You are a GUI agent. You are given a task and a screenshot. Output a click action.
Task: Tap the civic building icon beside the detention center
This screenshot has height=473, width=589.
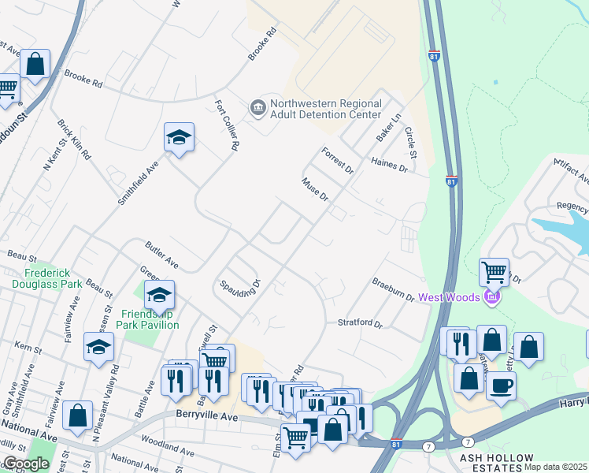pos(257,108)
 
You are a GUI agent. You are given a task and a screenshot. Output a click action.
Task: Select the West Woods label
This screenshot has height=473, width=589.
pos(450,297)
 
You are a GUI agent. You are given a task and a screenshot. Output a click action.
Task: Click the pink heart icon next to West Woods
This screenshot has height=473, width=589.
pos(493,296)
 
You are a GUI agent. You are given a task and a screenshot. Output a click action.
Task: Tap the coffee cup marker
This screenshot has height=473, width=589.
pos(501,385)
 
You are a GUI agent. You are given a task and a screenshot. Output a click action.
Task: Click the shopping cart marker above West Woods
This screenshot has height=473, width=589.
pos(494,273)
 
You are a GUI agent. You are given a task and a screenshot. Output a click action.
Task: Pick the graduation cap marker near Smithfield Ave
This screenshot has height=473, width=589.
pos(179,138)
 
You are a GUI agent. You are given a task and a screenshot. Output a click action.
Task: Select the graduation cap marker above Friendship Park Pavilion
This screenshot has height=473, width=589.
pos(160,296)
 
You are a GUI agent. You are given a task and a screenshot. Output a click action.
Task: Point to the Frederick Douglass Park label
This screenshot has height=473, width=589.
pos(47,277)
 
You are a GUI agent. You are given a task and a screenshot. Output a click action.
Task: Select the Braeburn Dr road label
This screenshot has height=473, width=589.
pos(394,289)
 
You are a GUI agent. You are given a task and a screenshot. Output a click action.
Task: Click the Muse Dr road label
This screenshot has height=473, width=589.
pos(315,189)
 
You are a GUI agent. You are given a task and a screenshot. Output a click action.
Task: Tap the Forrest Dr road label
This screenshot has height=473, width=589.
pos(338,159)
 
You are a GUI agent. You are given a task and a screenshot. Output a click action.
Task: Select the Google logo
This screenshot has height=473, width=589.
pos(25,464)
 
